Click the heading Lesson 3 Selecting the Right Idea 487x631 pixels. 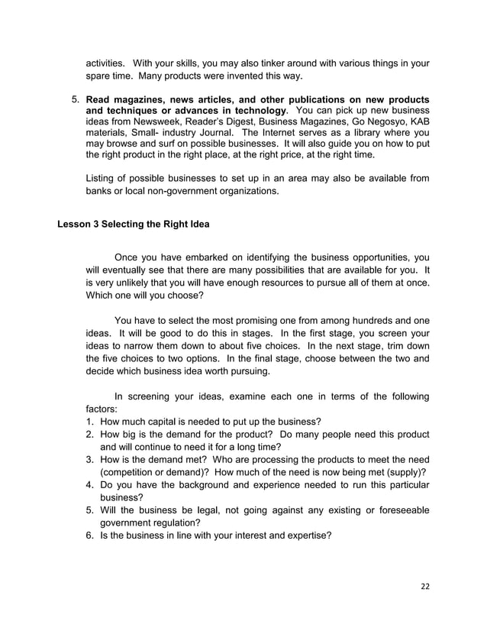pyautogui.click(x=133, y=224)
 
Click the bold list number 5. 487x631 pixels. pyautogui.click(x=76, y=100)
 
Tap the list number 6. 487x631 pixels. pyautogui.click(x=90, y=536)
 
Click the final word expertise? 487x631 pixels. pyautogui.click(x=305, y=536)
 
